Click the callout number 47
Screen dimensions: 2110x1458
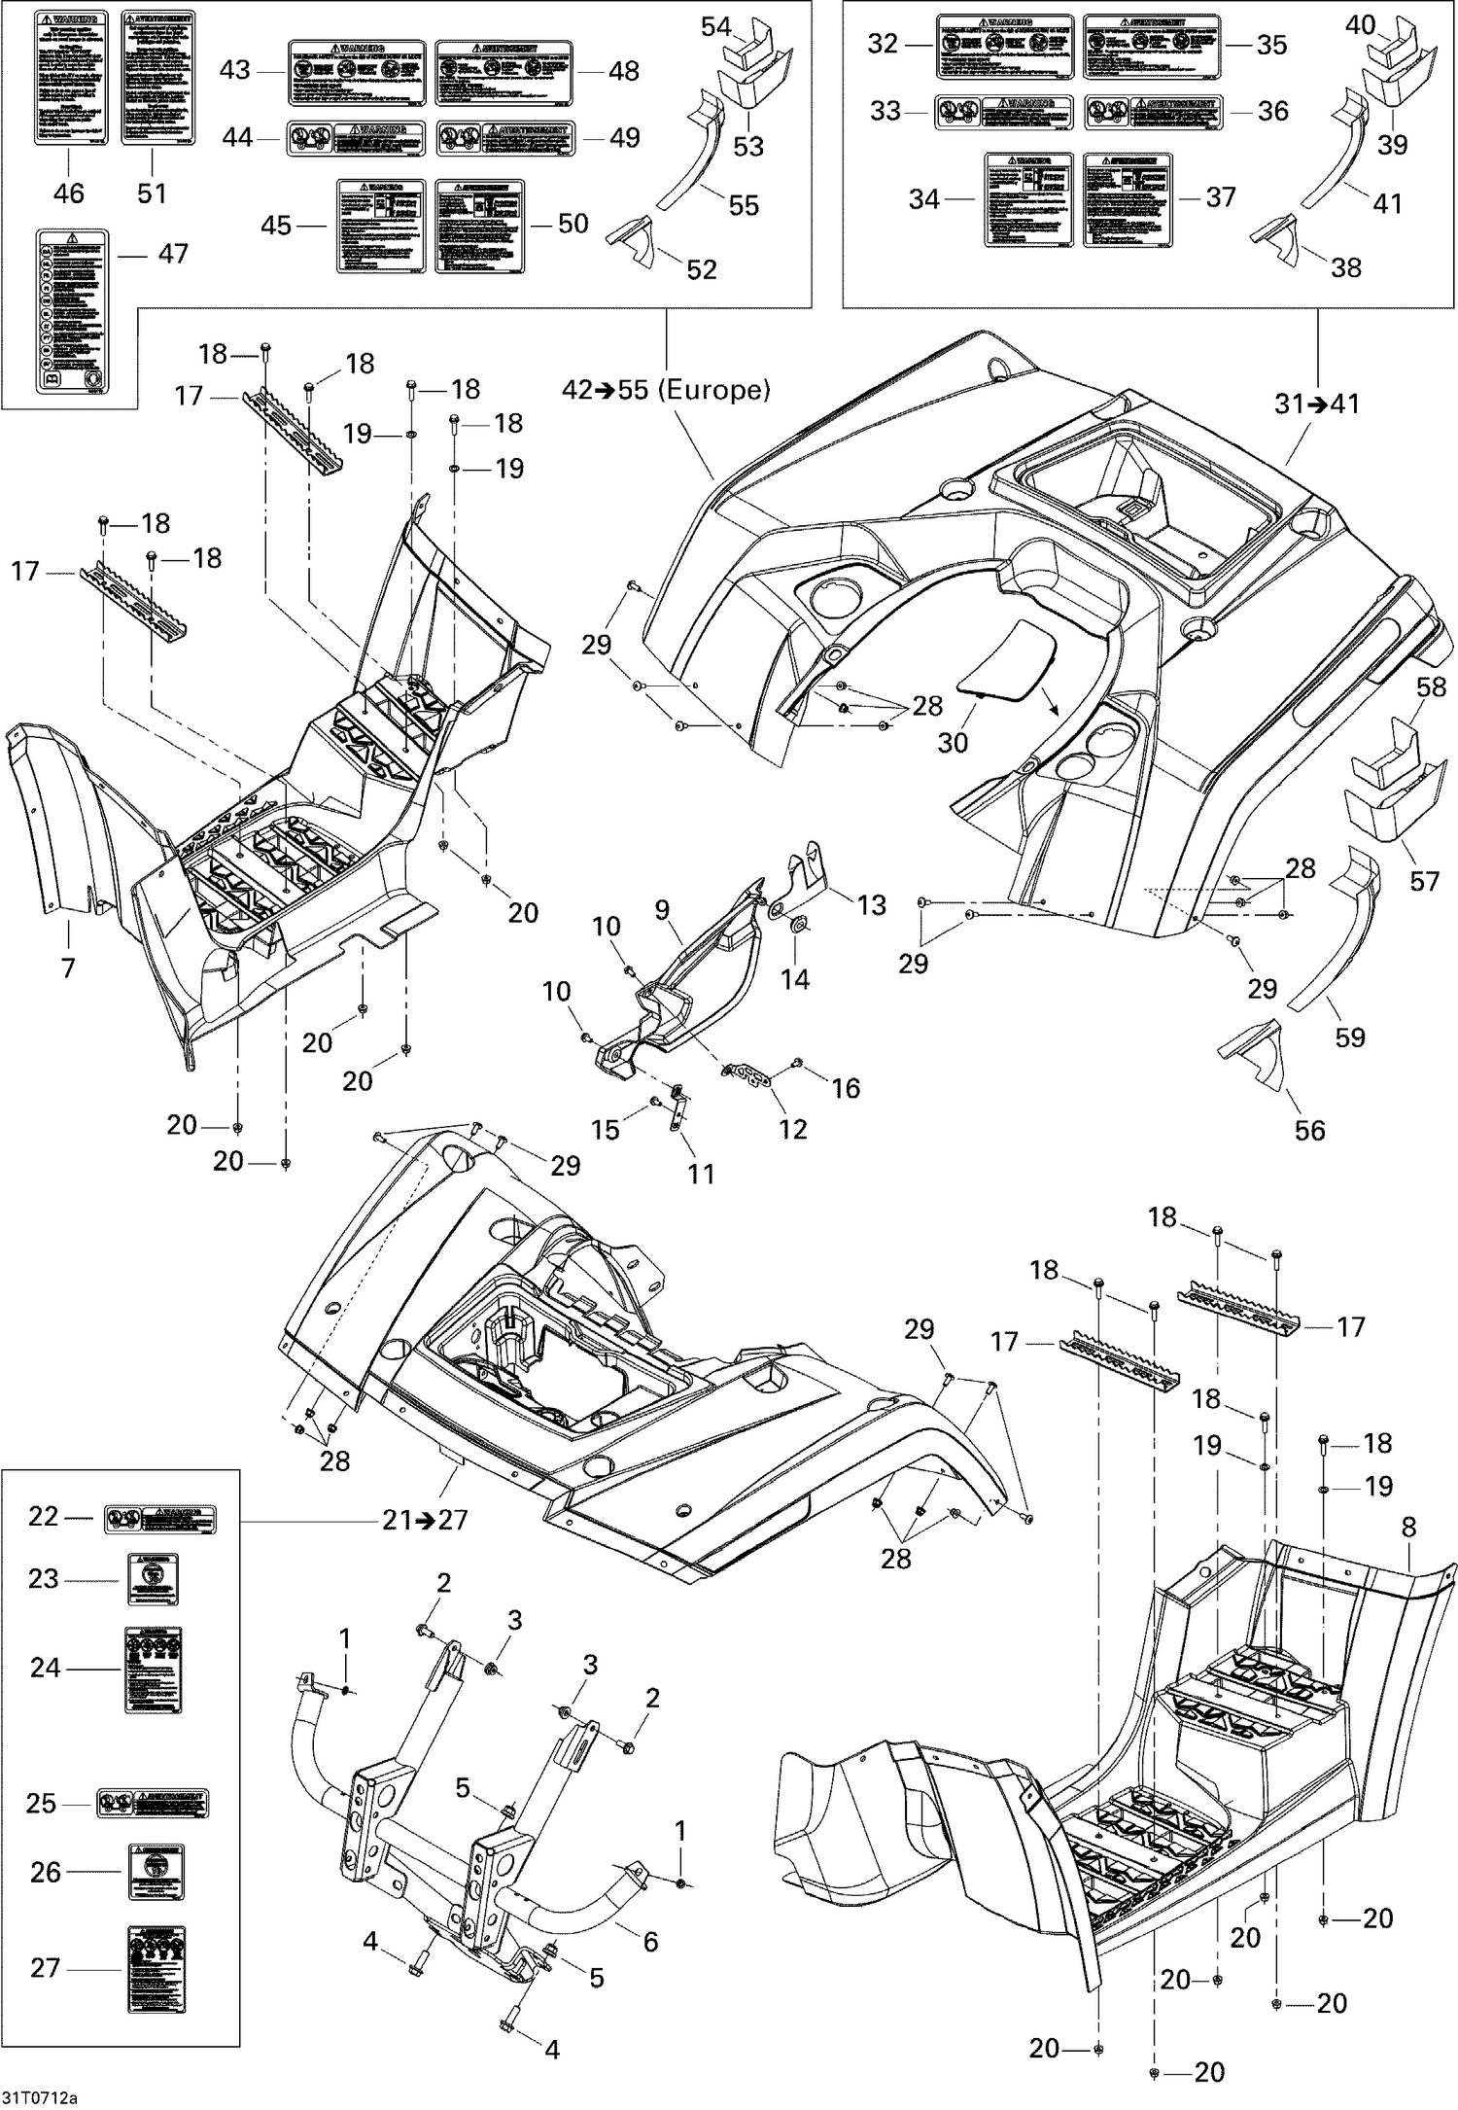173,254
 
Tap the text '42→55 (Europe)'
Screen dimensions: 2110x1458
666,390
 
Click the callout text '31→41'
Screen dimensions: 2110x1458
1317,404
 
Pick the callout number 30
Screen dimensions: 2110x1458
953,742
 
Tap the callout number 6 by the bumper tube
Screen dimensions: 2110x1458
650,1942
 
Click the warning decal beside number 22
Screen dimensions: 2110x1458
160,1518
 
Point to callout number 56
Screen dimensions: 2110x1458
1309,1130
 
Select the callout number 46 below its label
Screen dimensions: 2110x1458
68,193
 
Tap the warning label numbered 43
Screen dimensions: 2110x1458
357,72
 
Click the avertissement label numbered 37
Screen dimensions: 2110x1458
1127,199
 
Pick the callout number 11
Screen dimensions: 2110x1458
701,1174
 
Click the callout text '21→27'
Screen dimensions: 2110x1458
425,1520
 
